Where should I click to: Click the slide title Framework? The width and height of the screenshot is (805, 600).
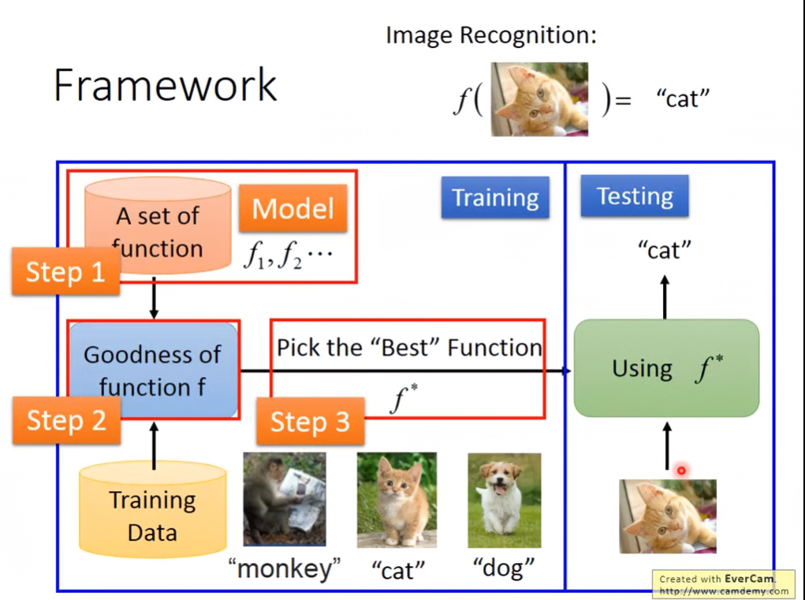(x=166, y=85)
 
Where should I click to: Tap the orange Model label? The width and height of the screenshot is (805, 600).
(x=293, y=208)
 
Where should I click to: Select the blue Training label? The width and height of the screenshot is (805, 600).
(x=495, y=197)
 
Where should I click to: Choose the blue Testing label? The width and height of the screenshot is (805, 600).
(x=635, y=196)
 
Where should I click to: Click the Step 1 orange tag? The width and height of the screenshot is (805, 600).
(x=65, y=272)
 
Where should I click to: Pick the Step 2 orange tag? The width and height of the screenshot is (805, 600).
(x=66, y=419)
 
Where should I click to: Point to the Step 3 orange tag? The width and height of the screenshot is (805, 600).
(x=310, y=422)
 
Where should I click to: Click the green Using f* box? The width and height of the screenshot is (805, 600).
(x=666, y=368)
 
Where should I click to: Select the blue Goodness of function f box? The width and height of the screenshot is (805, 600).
(x=153, y=369)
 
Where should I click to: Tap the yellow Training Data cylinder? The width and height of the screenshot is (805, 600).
(x=152, y=509)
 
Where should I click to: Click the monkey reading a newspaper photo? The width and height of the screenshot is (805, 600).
(x=284, y=499)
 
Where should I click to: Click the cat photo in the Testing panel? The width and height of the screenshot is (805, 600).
(x=667, y=516)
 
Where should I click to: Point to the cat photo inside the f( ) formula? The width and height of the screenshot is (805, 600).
(x=539, y=99)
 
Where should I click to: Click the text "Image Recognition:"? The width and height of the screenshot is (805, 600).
(x=490, y=35)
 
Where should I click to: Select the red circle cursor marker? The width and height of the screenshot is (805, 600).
(x=681, y=471)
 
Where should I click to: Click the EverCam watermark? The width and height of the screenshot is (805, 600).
(x=723, y=584)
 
